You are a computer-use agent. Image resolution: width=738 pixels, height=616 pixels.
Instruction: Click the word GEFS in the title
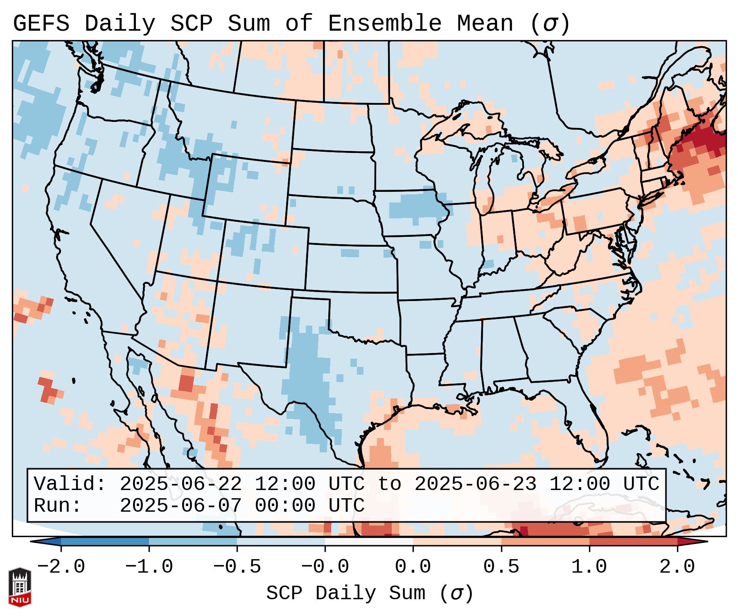[41, 24]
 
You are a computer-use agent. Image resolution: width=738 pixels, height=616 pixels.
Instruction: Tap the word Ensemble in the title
[385, 24]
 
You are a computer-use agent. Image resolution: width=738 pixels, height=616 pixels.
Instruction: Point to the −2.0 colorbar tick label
[61, 567]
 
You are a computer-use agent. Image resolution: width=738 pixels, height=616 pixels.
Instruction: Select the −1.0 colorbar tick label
[149, 567]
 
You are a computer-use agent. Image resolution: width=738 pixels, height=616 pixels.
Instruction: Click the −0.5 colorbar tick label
[237, 567]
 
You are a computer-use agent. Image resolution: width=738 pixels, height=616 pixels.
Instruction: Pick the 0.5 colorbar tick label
[501, 567]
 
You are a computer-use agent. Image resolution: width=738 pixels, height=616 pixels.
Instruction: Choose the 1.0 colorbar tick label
[589, 567]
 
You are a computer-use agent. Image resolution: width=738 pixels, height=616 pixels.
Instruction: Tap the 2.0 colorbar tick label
[677, 567]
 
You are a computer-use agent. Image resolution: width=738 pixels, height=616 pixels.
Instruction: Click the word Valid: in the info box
[70, 484]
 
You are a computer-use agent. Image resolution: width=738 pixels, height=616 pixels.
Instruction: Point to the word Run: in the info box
[57, 506]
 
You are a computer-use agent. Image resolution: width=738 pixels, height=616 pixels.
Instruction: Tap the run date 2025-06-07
[181, 506]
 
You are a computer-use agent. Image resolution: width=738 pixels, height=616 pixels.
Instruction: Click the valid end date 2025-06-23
[475, 484]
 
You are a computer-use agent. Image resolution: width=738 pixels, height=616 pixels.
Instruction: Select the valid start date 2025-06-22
[181, 484]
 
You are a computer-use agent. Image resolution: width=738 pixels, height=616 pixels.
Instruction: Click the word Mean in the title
[485, 24]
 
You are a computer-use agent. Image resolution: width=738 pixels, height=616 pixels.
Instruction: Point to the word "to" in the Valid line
[389, 484]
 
